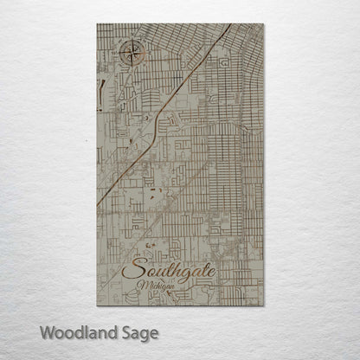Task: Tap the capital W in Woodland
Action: pyautogui.click(x=45, y=332)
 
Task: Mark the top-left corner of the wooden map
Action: pyautogui.click(x=97, y=24)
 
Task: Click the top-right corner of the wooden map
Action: pyautogui.click(x=263, y=24)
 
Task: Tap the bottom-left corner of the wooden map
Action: pyautogui.click(x=97, y=305)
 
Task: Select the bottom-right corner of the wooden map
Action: pyautogui.click(x=263, y=305)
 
